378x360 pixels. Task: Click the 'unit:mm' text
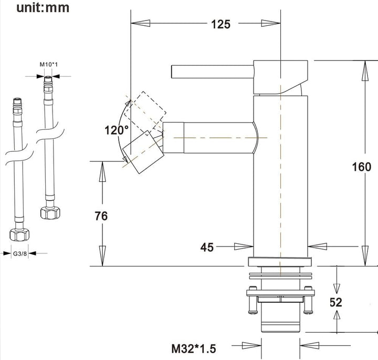click(43, 7)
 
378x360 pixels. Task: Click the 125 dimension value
click(221, 24)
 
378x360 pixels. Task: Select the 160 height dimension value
click(361, 167)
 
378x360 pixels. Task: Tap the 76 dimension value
click(101, 216)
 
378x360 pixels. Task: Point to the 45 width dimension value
click(207, 248)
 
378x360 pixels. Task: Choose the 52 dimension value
click(336, 302)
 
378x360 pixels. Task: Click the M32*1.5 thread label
click(194, 348)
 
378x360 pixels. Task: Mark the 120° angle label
click(117, 130)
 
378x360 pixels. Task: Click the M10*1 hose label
click(49, 65)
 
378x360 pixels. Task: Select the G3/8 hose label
click(20, 254)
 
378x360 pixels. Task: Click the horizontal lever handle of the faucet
click(213, 71)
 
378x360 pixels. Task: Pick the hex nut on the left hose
click(19, 234)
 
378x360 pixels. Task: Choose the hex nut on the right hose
click(50, 212)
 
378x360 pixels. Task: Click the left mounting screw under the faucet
click(253, 300)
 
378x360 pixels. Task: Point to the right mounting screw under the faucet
click(308, 300)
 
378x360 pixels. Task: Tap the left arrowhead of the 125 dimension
click(140, 24)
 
